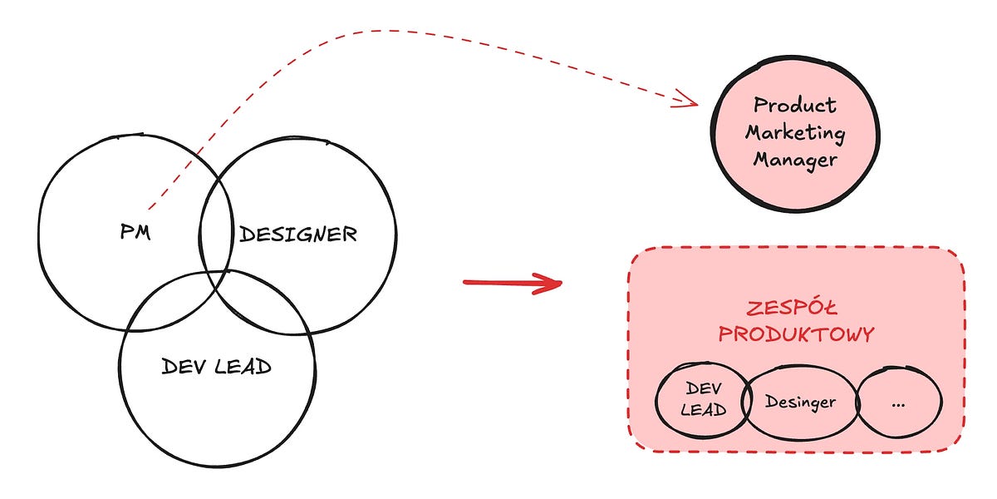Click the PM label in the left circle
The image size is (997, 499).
click(x=135, y=234)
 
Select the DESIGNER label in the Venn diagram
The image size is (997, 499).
click(x=298, y=235)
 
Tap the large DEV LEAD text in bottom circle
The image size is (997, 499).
click(x=217, y=367)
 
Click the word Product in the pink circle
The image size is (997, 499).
click(x=794, y=106)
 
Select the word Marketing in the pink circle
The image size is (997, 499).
click(x=794, y=132)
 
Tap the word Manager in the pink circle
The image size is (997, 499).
click(x=794, y=159)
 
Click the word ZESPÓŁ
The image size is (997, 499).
click(x=796, y=309)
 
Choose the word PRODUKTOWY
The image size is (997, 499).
click(x=796, y=334)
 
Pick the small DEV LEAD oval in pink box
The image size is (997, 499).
click(x=703, y=399)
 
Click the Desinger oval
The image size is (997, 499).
click(x=800, y=403)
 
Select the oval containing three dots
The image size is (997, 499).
click(x=899, y=403)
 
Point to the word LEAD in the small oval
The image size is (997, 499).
click(x=703, y=410)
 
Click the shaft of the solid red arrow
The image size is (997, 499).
click(x=498, y=283)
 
